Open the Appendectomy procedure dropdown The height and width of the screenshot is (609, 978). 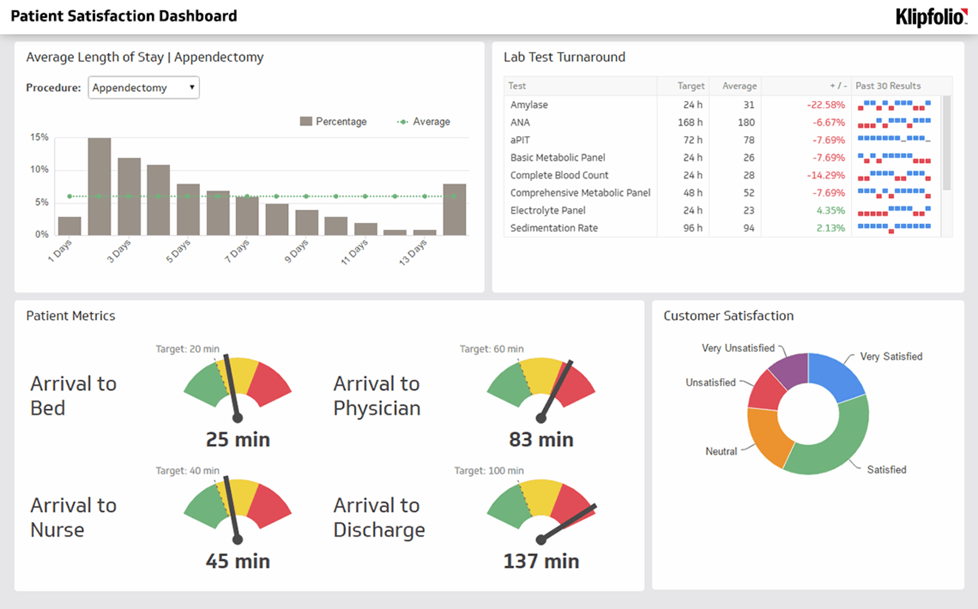(143, 87)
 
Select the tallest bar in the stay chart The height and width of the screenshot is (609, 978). (99, 186)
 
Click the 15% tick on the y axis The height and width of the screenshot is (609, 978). (39, 137)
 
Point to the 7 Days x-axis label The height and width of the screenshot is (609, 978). (236, 251)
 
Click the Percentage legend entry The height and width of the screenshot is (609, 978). (333, 121)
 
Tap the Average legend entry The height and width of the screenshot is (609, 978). (424, 121)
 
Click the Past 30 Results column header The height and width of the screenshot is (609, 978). (888, 86)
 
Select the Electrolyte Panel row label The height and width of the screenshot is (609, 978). (548, 210)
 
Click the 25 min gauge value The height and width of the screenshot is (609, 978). (237, 439)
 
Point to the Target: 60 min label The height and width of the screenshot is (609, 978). (491, 349)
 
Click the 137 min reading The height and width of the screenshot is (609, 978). (541, 561)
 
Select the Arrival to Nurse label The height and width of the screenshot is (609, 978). (73, 517)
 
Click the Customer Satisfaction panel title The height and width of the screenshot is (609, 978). (728, 316)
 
